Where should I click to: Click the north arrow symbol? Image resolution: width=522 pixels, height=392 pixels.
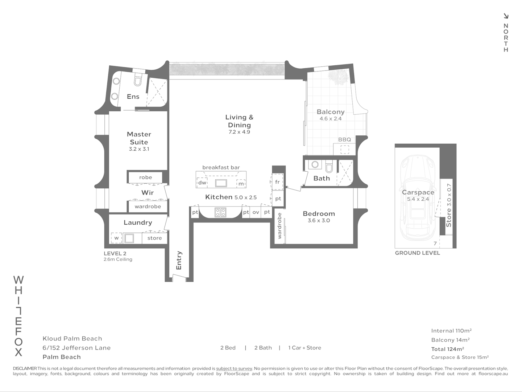coord(506,16)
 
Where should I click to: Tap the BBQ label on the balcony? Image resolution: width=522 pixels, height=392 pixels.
coord(344,139)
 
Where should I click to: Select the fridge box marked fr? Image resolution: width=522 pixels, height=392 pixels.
coord(277,182)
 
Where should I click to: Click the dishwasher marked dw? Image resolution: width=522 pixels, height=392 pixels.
coord(202,183)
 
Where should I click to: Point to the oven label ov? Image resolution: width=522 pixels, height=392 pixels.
coord(256,212)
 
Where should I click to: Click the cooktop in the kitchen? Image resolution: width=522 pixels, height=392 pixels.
coord(220,212)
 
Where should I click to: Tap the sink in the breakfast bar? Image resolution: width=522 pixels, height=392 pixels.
coord(221,183)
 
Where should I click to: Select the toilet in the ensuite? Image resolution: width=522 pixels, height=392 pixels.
coord(137,80)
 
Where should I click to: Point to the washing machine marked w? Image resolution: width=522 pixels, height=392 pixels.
coord(116,238)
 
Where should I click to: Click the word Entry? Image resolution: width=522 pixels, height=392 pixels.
coord(179,260)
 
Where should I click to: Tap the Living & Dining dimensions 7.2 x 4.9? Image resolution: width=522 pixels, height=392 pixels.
coord(239,132)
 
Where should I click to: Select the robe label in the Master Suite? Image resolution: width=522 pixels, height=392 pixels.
coord(145,177)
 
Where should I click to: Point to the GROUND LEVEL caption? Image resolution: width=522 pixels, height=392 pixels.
coord(417,253)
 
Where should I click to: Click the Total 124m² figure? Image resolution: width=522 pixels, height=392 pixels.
coord(447,349)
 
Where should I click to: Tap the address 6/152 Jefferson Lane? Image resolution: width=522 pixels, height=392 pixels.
coord(76,348)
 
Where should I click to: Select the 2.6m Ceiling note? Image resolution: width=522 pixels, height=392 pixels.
coord(118,260)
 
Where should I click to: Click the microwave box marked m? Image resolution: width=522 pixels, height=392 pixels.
coord(241,184)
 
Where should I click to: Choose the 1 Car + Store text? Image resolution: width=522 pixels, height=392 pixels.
coord(304,348)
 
